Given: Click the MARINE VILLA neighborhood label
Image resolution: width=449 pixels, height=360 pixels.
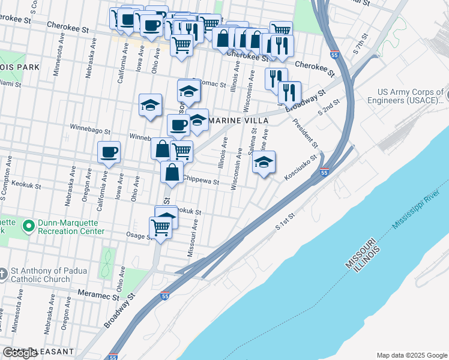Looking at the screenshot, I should (x=237, y=121).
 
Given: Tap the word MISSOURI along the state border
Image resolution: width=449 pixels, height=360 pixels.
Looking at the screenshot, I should (x=360, y=253).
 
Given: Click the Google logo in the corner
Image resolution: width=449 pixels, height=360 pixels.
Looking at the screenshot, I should (x=20, y=353).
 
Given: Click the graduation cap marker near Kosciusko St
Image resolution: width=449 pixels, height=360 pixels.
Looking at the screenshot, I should (x=264, y=162).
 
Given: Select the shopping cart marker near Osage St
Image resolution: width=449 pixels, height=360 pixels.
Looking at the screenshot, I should (x=160, y=227).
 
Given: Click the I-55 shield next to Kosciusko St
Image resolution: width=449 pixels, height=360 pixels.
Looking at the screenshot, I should (x=324, y=173).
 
